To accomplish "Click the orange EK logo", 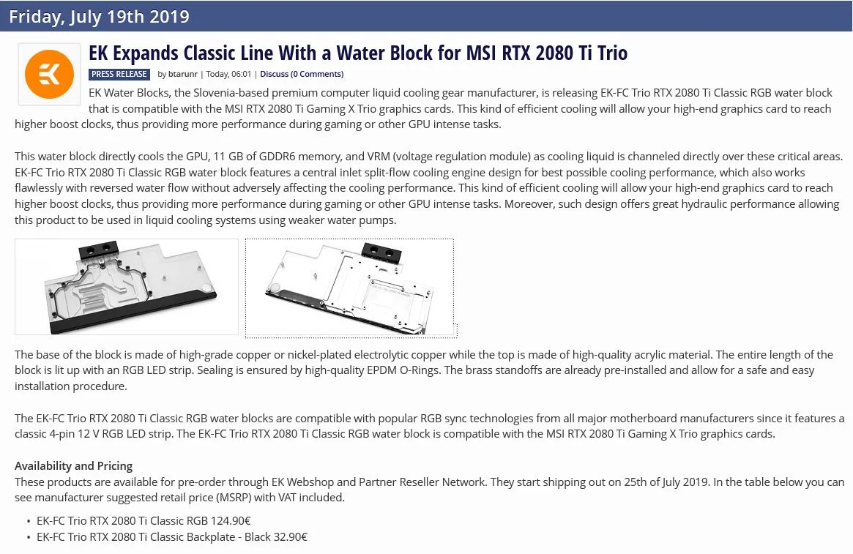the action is pyautogui.click(x=49, y=75).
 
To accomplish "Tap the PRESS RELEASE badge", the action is pyautogui.click(x=119, y=74).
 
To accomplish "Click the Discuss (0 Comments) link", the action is pyautogui.click(x=302, y=74).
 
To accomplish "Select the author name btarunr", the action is pyautogui.click(x=183, y=74).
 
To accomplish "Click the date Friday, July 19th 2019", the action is pyautogui.click(x=99, y=16).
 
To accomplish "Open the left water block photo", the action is pyautogui.click(x=126, y=287).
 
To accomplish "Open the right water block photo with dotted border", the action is pyautogui.click(x=350, y=288).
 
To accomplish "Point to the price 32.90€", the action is pyautogui.click(x=291, y=537).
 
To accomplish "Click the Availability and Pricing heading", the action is pyautogui.click(x=73, y=466).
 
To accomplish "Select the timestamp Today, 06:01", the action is pyautogui.click(x=228, y=74).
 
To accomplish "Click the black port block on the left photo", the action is pyautogui.click(x=99, y=250).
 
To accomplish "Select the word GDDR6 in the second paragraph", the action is pyautogui.click(x=277, y=157).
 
